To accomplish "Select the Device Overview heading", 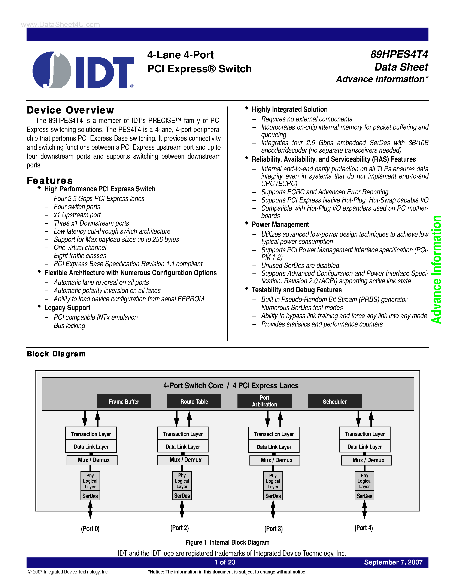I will click(70, 110).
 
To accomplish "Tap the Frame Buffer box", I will click(124, 401).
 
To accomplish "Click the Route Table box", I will click(194, 401).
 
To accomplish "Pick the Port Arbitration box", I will click(264, 401).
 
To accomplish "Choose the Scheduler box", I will click(334, 401).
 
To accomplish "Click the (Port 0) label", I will click(90, 529).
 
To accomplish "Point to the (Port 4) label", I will click(364, 528).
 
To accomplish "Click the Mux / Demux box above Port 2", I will click(183, 460).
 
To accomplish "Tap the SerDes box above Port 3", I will click(273, 496).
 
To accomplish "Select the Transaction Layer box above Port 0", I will click(91, 434).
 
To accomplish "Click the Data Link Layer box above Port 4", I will click(364, 446).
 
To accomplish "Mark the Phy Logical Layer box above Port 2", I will click(182, 481).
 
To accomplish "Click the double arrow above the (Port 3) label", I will click(273, 510).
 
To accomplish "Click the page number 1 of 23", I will click(225, 562).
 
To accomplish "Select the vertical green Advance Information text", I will click(436, 269).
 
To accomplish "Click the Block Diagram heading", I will click(56, 354).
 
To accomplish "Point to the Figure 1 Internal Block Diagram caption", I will click(227, 542).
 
